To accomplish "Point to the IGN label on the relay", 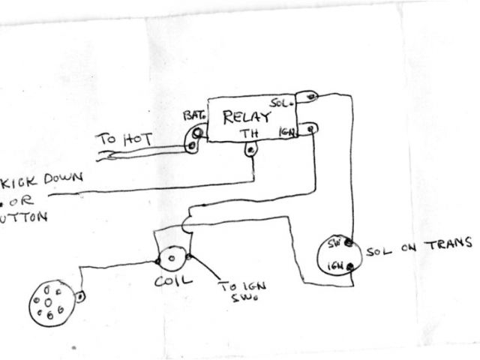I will (x=286, y=133).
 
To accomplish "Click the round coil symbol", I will (x=172, y=259).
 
